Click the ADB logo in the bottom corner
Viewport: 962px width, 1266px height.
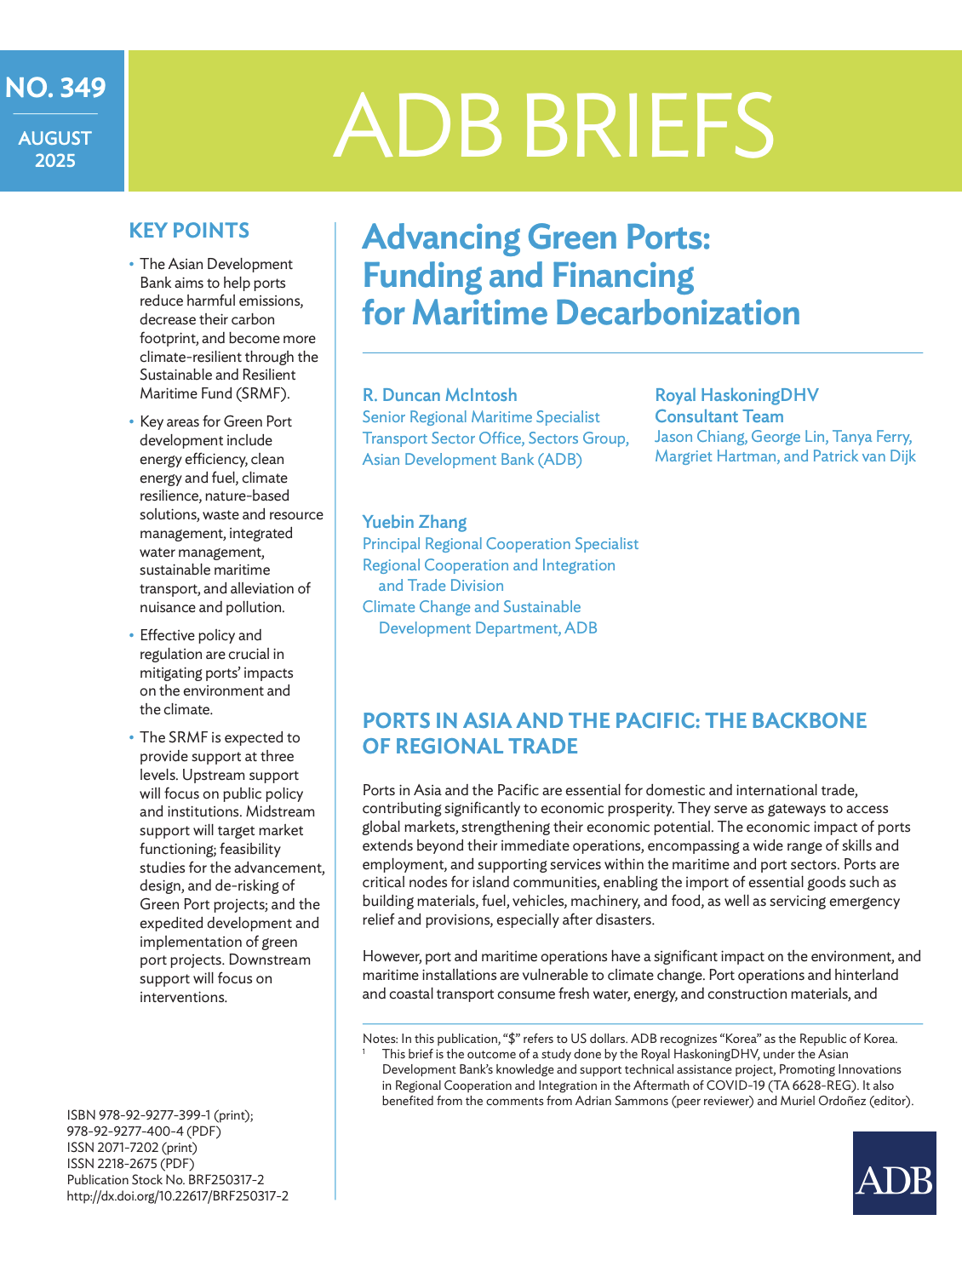click(894, 1172)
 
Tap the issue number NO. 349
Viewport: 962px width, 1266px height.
click(55, 88)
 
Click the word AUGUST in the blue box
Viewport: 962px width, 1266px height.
click(55, 138)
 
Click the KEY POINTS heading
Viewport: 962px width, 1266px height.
click(189, 231)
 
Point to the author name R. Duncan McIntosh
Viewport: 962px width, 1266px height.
click(439, 395)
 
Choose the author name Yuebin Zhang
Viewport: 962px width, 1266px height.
click(415, 522)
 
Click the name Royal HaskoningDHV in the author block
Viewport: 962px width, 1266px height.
click(736, 395)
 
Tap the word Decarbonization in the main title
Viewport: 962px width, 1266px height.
click(678, 313)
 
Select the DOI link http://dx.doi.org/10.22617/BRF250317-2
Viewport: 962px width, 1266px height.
click(177, 1196)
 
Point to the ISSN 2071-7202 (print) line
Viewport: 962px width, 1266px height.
click(131, 1148)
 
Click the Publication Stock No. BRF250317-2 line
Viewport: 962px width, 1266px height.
click(165, 1180)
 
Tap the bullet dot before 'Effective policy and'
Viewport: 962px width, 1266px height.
click(132, 636)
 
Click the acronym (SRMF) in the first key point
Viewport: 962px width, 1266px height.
click(261, 393)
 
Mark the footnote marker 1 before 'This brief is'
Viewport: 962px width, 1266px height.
click(364, 1052)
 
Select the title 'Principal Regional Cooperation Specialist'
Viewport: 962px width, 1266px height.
click(500, 544)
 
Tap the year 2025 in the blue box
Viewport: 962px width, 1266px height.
click(55, 160)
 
